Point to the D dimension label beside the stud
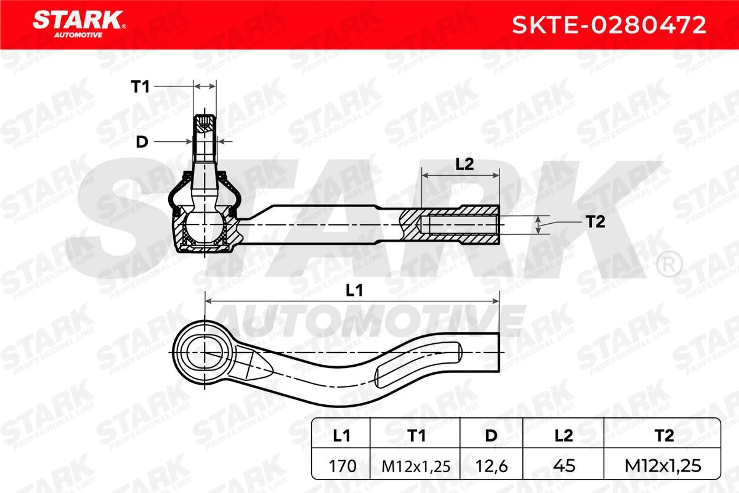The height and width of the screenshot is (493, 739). coord(142,142)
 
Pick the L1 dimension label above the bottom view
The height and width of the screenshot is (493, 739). coord(354,291)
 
